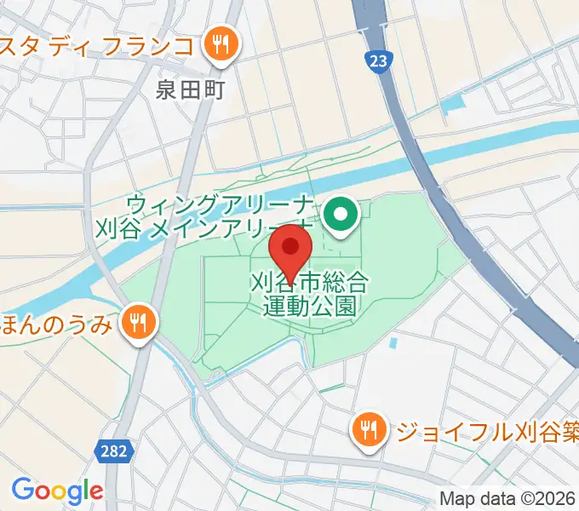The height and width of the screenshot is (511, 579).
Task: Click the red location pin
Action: click(x=291, y=250)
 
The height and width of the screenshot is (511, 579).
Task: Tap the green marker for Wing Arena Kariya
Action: click(x=342, y=215)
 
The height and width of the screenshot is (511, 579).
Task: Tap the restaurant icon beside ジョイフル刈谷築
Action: click(x=370, y=428)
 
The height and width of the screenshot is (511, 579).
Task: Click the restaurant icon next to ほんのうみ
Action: click(x=136, y=322)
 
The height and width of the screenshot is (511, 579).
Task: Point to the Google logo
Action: click(x=56, y=491)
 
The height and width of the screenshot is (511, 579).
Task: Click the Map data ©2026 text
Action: click(x=507, y=498)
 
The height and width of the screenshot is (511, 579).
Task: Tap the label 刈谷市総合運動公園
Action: click(x=309, y=292)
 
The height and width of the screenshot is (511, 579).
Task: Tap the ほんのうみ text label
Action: click(x=57, y=323)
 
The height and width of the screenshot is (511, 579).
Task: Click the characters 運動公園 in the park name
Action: click(x=309, y=305)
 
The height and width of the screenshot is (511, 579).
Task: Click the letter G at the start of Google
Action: click(x=21, y=491)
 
